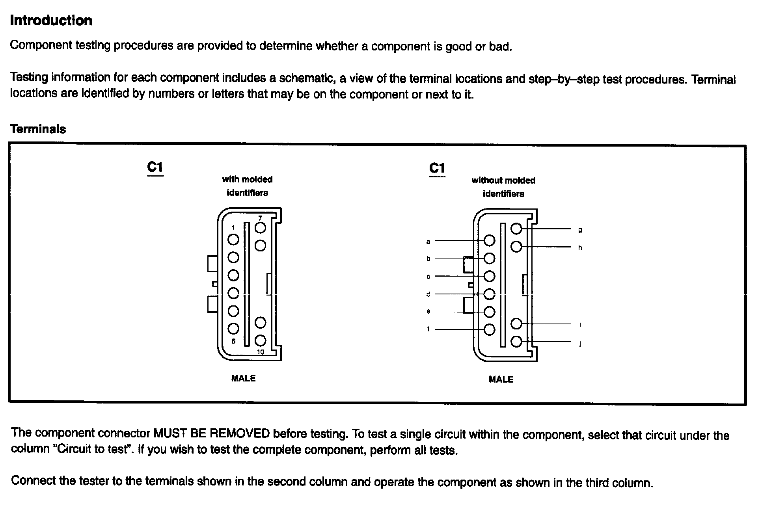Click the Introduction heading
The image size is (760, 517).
pyautogui.click(x=51, y=20)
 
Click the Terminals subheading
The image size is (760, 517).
pyautogui.click(x=38, y=129)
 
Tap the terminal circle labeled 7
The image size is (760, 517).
pyautogui.click(x=260, y=228)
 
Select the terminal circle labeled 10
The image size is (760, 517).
pyautogui.click(x=260, y=340)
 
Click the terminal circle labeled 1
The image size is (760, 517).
pyautogui.click(x=233, y=239)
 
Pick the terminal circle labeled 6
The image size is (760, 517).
pyautogui.click(x=233, y=328)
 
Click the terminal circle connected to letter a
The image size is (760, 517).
pyautogui.click(x=489, y=240)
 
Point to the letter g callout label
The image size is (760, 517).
pyautogui.click(x=580, y=230)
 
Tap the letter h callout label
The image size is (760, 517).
pyautogui.click(x=580, y=247)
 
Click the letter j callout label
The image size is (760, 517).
pyautogui.click(x=580, y=344)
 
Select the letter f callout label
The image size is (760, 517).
pyautogui.click(x=428, y=329)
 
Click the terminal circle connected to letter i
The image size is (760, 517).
pyautogui.click(x=516, y=324)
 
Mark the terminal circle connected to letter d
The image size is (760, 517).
pyautogui.click(x=489, y=294)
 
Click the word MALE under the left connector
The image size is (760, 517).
pyautogui.click(x=243, y=378)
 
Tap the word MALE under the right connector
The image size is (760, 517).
pyautogui.click(x=501, y=379)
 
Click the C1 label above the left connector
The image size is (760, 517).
pyautogui.click(x=155, y=167)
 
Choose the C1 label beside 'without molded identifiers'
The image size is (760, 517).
pyautogui.click(x=437, y=169)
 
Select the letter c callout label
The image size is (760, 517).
pyautogui.click(x=428, y=277)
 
